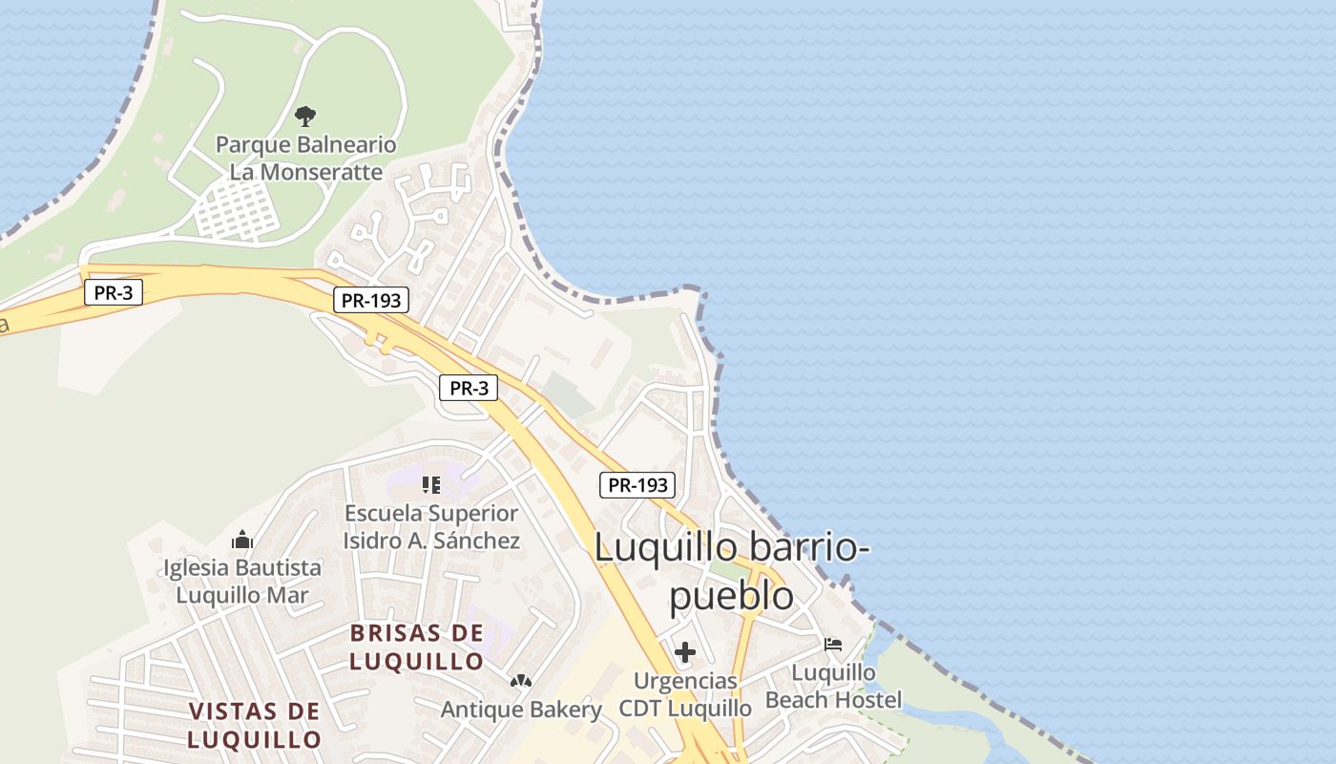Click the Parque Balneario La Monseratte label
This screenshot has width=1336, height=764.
click(305, 159)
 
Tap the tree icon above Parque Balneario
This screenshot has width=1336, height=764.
click(305, 117)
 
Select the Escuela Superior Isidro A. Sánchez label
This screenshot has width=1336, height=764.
click(431, 527)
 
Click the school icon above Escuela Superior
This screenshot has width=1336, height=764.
click(431, 485)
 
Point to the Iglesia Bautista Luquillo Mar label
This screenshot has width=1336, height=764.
click(242, 582)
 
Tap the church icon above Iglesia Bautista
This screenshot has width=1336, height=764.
click(242, 540)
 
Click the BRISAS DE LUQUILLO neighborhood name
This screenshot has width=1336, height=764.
click(416, 647)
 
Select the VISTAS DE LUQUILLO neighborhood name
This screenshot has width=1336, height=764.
click(254, 725)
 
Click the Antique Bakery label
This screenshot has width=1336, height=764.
click(521, 710)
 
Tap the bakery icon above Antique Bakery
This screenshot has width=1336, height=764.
click(521, 681)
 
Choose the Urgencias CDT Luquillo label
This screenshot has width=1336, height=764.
click(685, 694)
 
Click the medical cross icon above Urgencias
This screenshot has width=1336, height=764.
click(685, 653)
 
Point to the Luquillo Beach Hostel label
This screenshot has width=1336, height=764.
click(833, 687)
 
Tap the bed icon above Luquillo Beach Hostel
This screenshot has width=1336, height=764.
click(833, 645)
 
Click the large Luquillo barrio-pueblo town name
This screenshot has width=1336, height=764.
click(731, 571)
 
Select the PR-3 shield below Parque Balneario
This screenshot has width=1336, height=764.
click(114, 292)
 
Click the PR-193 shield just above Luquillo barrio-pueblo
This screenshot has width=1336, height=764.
click(637, 484)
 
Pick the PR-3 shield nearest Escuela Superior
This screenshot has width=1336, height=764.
click(469, 388)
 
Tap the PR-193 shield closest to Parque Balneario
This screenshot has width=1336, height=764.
click(372, 301)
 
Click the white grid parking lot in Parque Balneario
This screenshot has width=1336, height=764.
click(238, 211)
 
